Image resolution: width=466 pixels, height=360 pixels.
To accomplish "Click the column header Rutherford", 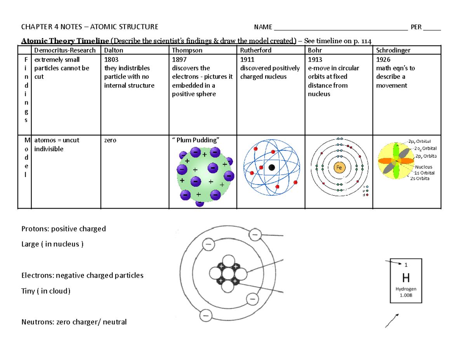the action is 256,50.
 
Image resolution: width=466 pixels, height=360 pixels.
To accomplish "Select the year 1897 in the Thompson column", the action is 179,60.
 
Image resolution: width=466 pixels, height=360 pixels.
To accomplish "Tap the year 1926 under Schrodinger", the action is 383,60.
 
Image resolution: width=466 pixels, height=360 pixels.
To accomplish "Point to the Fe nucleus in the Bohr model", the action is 339,167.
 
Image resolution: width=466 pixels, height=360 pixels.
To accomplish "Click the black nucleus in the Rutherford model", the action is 272,167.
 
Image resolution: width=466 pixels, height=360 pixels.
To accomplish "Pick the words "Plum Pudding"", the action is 198,140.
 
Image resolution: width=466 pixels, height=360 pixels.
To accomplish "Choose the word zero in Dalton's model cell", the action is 110,140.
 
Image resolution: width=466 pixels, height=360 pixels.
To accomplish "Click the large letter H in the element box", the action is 406,278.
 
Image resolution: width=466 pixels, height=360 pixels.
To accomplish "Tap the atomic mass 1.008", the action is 406,295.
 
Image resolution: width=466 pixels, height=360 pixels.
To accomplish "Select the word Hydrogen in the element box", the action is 406,289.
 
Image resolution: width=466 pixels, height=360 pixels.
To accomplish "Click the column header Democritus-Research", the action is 65,50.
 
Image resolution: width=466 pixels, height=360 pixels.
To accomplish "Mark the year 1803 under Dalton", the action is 111,60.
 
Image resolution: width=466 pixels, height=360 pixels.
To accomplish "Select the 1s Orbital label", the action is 424,173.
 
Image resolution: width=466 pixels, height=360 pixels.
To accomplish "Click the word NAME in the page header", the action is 263,27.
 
